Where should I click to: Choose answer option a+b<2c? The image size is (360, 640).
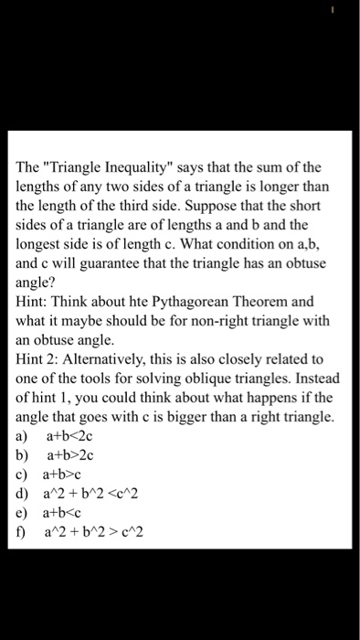70,439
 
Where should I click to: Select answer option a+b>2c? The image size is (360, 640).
70,458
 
